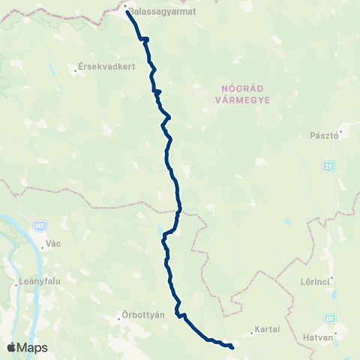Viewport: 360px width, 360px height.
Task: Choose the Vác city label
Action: coord(53,244)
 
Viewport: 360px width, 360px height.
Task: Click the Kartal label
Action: coord(267,329)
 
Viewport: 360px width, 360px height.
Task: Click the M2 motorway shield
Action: coord(40,224)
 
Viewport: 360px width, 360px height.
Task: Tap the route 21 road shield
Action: coord(328,166)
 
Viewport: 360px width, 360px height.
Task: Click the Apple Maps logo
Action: coord(27,347)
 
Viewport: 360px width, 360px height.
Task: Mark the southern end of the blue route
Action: coord(232,346)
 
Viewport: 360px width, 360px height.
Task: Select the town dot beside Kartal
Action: coord(252,330)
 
